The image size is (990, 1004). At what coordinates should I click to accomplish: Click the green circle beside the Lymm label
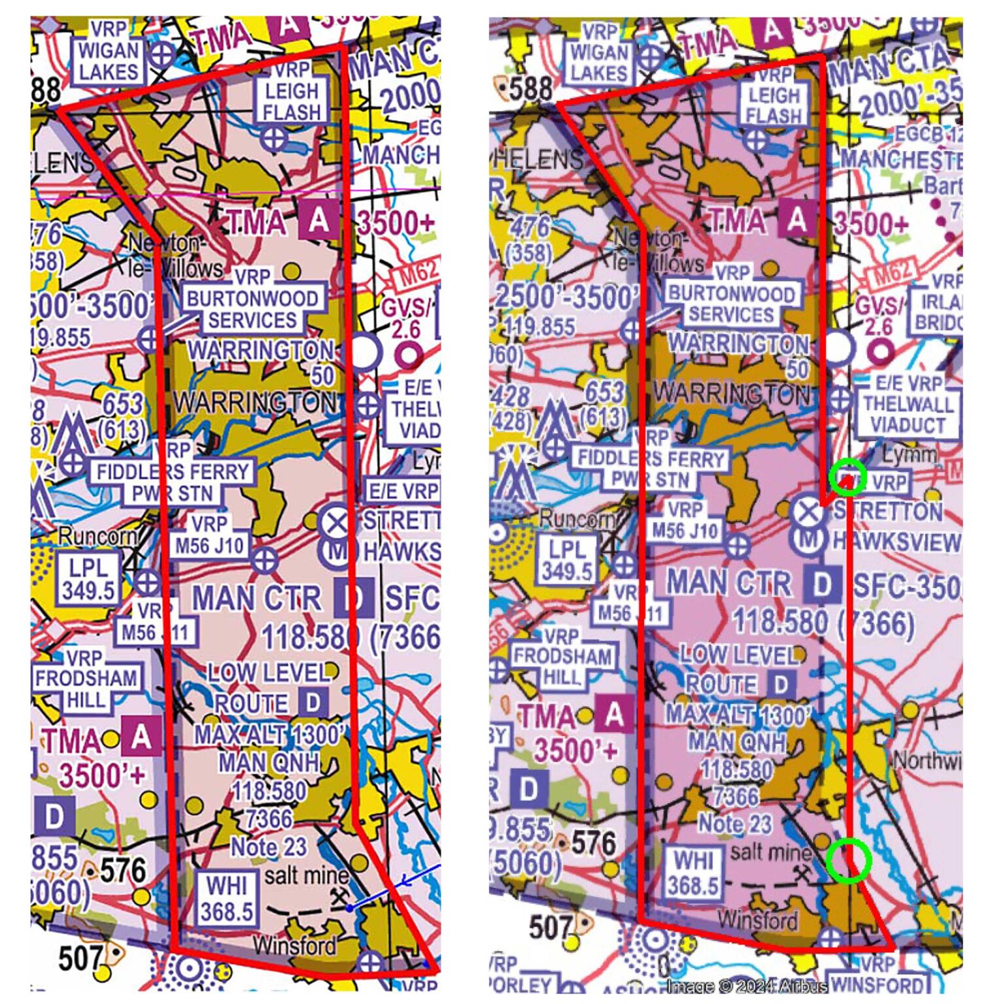[847, 477]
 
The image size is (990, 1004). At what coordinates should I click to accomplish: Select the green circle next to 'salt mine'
[848, 860]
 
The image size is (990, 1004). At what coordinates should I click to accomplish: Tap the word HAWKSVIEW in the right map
[896, 542]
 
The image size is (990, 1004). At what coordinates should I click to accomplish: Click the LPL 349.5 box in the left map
[88, 579]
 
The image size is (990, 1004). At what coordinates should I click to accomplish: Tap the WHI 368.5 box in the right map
[693, 873]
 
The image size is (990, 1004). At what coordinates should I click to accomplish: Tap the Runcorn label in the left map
[97, 537]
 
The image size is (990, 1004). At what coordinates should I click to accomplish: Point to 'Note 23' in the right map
[735, 824]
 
